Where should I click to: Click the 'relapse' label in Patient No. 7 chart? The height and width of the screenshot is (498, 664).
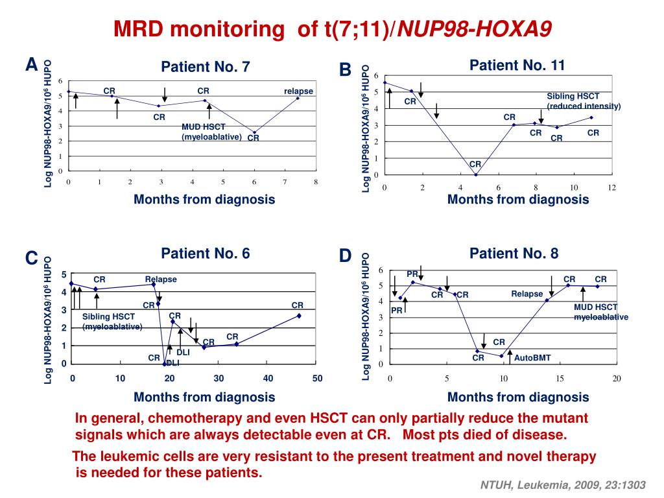coord(298,91)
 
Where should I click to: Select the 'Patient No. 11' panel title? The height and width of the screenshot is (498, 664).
coord(517,65)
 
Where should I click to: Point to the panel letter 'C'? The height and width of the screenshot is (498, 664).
coord(31,258)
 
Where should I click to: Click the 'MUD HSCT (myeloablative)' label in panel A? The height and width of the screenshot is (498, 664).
coord(211,132)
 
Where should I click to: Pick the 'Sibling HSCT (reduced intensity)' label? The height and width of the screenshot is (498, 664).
coord(584,101)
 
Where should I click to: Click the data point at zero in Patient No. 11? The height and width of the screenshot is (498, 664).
coord(476,174)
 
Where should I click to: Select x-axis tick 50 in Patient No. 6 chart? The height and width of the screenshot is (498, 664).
coord(317,379)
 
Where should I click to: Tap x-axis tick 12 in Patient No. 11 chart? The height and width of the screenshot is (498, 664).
coord(611,187)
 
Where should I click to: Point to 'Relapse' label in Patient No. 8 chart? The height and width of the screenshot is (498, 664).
coord(527,294)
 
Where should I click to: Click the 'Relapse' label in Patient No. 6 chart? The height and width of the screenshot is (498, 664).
coord(161,279)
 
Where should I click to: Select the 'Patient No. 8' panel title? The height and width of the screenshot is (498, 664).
coord(514,253)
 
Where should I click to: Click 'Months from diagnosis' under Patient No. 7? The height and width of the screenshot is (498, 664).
coord(204,199)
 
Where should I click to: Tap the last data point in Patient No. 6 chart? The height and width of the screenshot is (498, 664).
coord(299,316)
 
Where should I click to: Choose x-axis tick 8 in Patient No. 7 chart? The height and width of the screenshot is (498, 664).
coord(316,182)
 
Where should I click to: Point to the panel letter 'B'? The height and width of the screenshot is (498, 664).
coord(345,69)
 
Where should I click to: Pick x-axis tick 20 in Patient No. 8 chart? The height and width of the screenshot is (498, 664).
coord(617,379)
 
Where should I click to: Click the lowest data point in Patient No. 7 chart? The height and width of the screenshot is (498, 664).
coord(254,132)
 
